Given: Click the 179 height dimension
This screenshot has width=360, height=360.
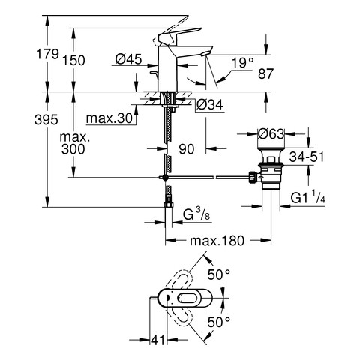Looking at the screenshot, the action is click(48, 54).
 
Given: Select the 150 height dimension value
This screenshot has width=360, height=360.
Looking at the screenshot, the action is click(73, 61).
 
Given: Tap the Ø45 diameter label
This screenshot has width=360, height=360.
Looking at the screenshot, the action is click(128, 59).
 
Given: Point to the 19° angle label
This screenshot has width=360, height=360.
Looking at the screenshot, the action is click(242, 63).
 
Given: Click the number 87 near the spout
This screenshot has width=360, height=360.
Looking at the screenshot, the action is click(266, 73).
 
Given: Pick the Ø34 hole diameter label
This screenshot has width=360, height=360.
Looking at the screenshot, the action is click(209, 105).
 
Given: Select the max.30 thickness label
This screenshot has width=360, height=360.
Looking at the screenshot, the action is click(109, 118).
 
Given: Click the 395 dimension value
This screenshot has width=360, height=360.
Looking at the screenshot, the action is click(46, 120).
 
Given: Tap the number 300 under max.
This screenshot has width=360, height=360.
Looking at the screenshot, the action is click(73, 149).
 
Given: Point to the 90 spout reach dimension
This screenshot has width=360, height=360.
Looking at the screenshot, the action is click(187, 149).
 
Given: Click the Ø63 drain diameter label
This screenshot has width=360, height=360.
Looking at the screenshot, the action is click(271, 134).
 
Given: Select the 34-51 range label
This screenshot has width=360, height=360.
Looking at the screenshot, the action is click(307, 157).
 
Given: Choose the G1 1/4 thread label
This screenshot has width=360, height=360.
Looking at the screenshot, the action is click(308, 197).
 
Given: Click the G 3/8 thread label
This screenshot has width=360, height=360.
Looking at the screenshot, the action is click(196, 214).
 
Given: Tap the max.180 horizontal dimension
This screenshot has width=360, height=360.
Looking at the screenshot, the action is click(217, 241).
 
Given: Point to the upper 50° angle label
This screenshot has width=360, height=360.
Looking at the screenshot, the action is click(219, 274).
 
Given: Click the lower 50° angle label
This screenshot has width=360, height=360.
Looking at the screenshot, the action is click(219, 322).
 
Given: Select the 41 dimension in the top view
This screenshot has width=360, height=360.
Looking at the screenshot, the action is click(158, 340).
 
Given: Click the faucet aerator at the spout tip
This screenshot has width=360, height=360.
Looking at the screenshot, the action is click(206, 53).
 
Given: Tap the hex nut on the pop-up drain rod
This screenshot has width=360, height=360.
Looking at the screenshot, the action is click(253, 177).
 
